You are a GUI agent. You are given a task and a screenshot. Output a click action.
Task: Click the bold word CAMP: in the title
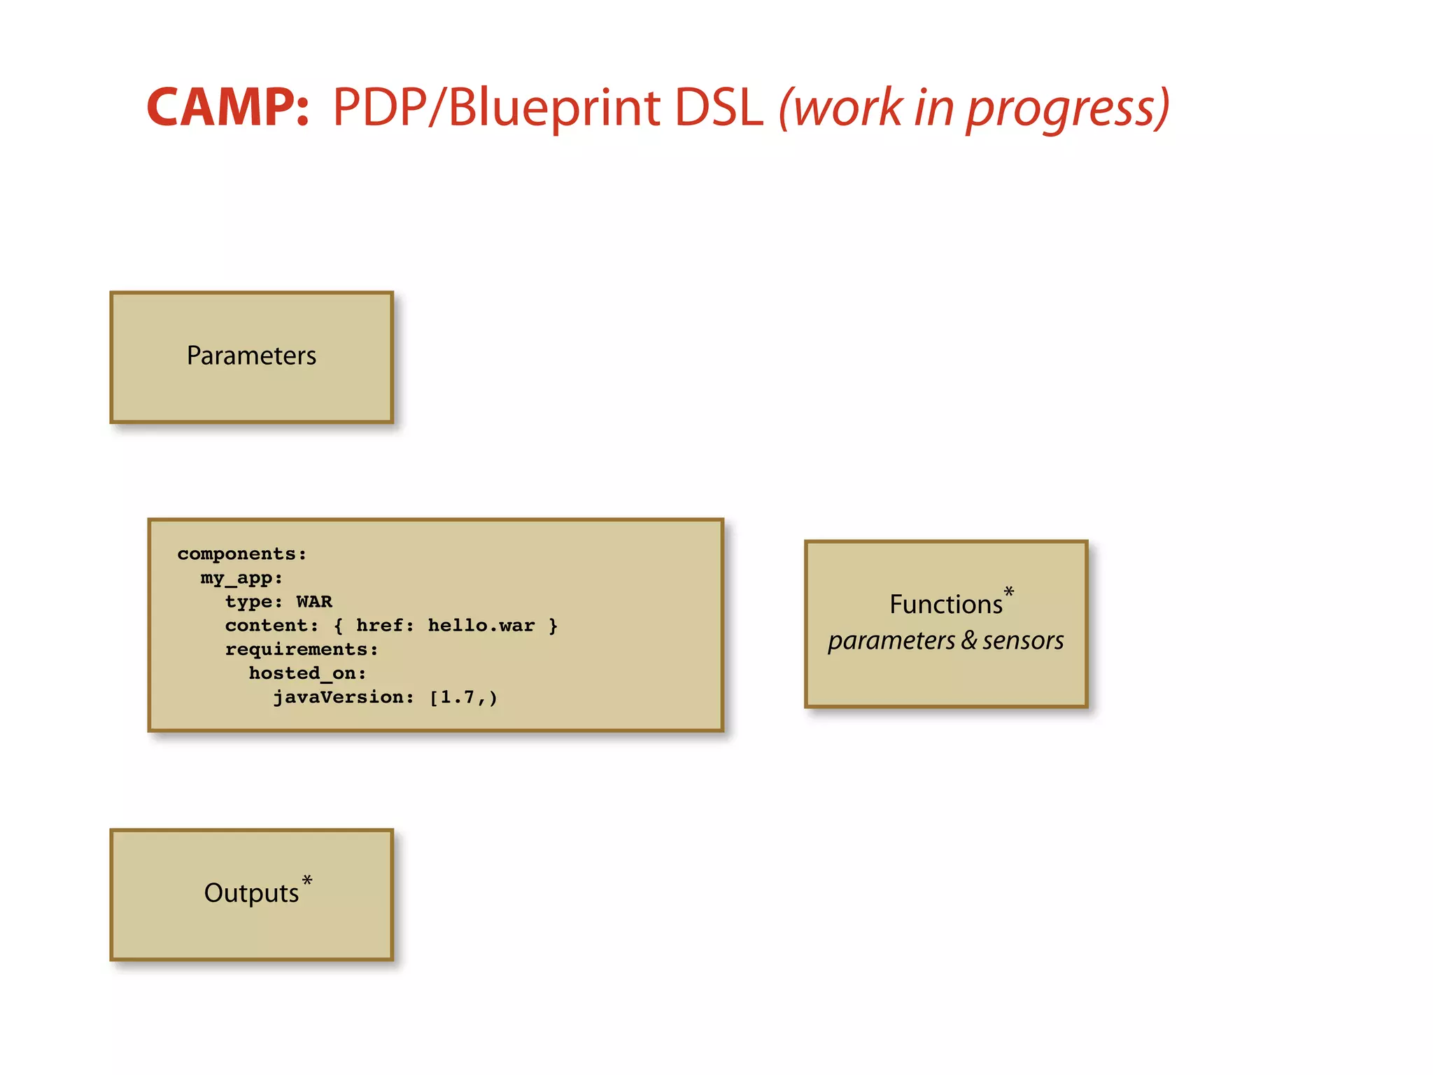coord(227,108)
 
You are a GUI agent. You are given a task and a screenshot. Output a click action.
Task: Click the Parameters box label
coord(251,356)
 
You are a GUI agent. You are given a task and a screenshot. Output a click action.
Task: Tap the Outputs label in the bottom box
coord(251,893)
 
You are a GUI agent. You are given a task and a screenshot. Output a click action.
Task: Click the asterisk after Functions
coord(1008,592)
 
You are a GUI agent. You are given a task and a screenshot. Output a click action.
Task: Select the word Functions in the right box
coord(945,605)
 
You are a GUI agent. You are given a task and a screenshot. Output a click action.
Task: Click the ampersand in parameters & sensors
coord(968,640)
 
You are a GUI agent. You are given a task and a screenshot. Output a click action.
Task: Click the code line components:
coord(242,554)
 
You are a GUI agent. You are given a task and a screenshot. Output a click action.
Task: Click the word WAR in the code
coord(314,602)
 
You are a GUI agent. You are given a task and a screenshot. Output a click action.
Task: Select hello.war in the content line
coord(481,625)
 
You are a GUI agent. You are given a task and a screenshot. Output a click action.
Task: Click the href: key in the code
coord(385,625)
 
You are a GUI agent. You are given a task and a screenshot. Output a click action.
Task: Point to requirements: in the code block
coord(302,649)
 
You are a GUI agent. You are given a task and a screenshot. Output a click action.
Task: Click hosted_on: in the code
coord(307,673)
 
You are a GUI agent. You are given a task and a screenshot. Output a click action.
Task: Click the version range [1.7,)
coord(463,697)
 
